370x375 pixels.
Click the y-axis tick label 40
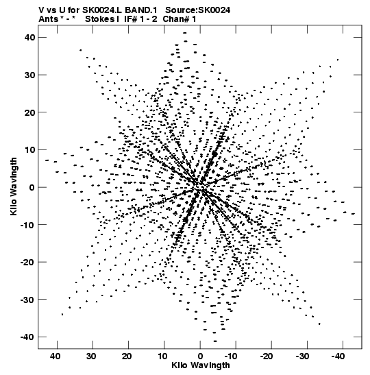coord(29,38)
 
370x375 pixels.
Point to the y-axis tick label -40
coord(27,337)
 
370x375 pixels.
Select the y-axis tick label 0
coord(32,188)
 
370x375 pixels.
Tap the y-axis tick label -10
coord(27,225)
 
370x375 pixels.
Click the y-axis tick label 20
coord(29,112)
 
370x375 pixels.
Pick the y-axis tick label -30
coord(27,300)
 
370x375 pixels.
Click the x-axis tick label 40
coord(55,356)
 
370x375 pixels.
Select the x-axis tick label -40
coord(338,356)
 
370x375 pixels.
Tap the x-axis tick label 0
coord(200,356)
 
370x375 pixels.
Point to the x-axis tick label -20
coord(267,356)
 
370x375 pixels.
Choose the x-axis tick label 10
coord(162,356)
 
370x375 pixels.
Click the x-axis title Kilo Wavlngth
coord(201,365)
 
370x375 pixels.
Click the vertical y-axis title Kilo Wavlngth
coord(14,186)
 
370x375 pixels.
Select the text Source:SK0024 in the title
coord(197,10)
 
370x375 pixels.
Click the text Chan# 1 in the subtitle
coord(180,19)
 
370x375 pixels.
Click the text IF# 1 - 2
coord(140,19)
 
